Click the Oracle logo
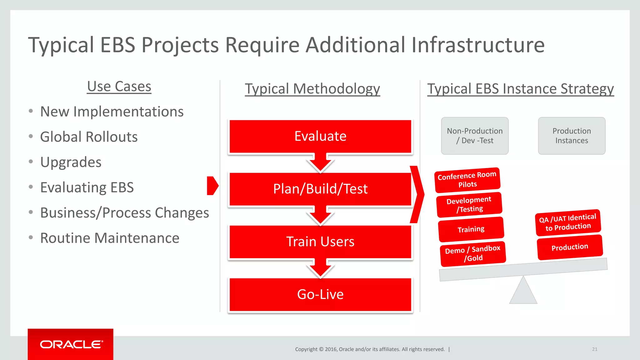(71, 344)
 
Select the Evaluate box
(320, 136)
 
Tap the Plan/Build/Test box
(320, 189)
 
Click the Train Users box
(320, 242)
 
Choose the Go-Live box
(320, 294)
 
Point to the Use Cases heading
(119, 87)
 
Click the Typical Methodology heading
(312, 89)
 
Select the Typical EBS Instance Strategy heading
(520, 89)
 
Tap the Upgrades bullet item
(71, 162)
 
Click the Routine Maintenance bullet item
(110, 238)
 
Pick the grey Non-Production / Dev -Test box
(475, 136)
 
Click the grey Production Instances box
(572, 136)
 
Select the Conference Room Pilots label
(467, 180)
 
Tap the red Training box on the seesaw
(471, 229)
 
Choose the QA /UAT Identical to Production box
(568, 222)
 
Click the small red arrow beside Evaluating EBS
(212, 186)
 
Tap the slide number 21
(594, 349)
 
